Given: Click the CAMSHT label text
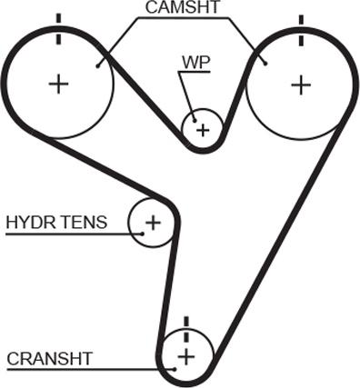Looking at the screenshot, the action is click(x=182, y=7).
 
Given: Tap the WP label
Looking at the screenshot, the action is click(x=195, y=63).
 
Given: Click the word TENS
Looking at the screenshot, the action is click(x=80, y=222).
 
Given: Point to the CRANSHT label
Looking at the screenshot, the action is click(x=49, y=359).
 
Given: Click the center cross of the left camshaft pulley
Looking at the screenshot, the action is click(x=58, y=84).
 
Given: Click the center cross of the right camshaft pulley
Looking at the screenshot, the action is click(x=301, y=85).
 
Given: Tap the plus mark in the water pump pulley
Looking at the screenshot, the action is click(x=203, y=130).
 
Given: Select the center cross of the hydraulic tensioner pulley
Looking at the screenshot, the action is click(x=153, y=223).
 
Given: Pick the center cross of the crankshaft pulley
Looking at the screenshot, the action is click(x=186, y=356).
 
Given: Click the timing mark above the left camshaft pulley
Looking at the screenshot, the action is click(x=58, y=29).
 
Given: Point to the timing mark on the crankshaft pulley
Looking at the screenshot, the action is click(x=186, y=330).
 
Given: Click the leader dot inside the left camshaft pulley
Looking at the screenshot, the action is click(x=97, y=65).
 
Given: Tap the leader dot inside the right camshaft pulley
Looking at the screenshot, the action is click(x=265, y=64).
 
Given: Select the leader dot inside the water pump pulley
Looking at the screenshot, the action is click(x=195, y=121).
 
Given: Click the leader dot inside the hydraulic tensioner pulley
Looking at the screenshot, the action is click(x=143, y=234).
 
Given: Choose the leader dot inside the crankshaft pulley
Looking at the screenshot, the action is click(x=175, y=369).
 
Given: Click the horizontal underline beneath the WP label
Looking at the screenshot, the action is click(x=195, y=72).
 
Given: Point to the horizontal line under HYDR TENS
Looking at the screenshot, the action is click(x=74, y=234).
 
